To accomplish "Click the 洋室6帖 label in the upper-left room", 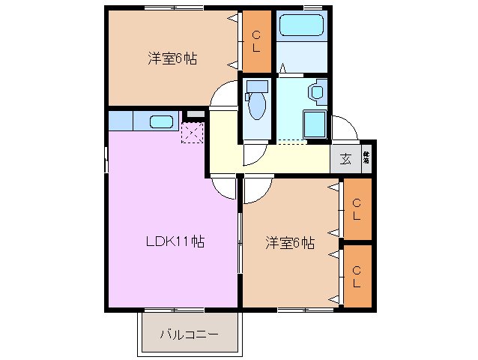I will coord(172,58).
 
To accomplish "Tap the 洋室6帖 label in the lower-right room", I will coord(289,243).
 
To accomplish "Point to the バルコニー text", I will coord(190,334).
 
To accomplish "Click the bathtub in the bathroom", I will coord(301,26).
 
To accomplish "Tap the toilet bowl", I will coord(256,106).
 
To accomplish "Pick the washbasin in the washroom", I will coord(317,93).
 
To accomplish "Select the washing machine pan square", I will coord(314,123).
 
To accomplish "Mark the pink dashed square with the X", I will coord(192,133).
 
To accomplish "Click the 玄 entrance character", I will coord(345,158).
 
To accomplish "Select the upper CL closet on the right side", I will coord(357,208).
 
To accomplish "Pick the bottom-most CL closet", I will coord(357,276).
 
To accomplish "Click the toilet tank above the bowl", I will coord(256,85).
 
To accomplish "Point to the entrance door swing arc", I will coord(343,127).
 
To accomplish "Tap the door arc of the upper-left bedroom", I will coord(222,97).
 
